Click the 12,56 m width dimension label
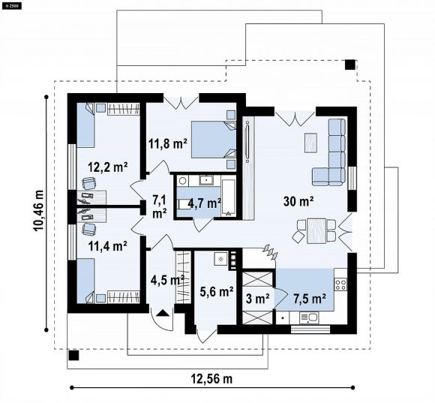pos(211,378)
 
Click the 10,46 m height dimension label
pos(38,211)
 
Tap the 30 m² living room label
pos(298,201)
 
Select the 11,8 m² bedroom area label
pos(168,143)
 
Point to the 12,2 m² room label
pos(108,167)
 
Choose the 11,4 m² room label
pos(108,245)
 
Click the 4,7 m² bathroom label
pos(204,203)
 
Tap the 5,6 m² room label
pos(217,291)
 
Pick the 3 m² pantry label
pos(258,299)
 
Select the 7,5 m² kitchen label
pos(310,299)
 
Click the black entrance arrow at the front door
pos(162,313)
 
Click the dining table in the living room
pos(316,231)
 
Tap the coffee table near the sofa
pos(310,143)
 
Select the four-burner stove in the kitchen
pos(340,284)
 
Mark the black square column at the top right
pos(350,65)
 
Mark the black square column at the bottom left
pos(73,355)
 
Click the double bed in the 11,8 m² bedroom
pos(214,140)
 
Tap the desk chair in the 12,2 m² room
pos(89,183)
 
